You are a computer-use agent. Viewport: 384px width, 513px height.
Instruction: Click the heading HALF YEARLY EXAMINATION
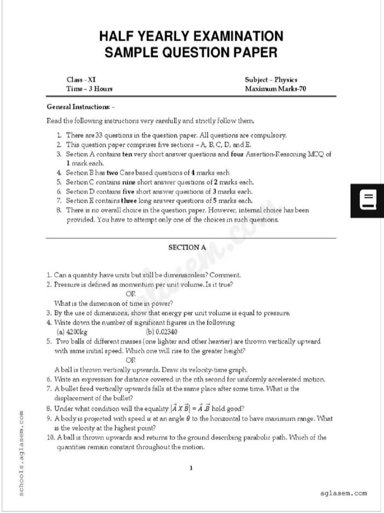191,37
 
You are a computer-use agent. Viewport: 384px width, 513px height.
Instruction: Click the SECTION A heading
187,247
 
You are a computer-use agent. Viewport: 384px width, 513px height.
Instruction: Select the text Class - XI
81,80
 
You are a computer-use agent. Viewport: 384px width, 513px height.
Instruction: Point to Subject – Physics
271,80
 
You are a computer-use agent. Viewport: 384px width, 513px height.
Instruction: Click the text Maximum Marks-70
275,89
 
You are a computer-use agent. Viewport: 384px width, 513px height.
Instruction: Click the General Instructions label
80,107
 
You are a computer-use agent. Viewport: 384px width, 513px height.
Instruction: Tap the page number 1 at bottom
191,468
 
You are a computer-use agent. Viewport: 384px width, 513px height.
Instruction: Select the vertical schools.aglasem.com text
21,453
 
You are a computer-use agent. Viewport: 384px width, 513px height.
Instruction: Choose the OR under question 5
130,360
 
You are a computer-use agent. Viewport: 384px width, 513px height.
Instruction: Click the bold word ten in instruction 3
126,154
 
